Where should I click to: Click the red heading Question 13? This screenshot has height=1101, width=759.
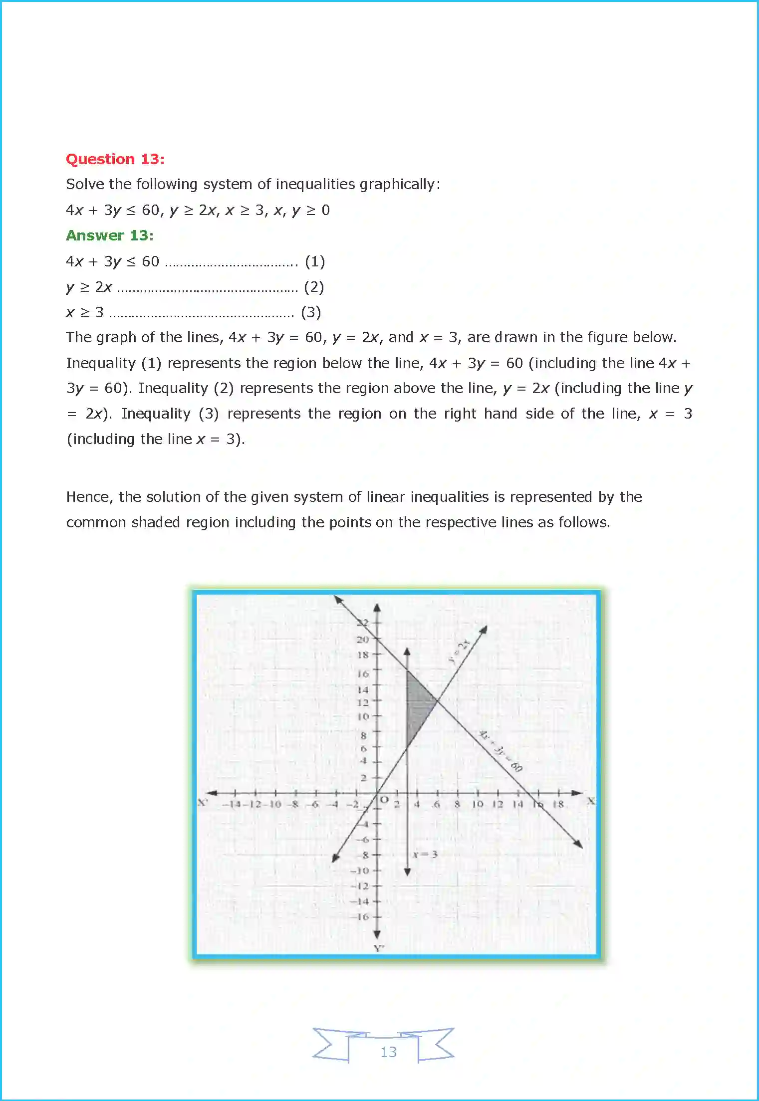click(x=115, y=159)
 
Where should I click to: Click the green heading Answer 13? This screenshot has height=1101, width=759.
click(x=110, y=235)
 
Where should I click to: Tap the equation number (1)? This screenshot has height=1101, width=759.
click(x=315, y=261)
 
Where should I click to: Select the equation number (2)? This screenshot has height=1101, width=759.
click(x=314, y=287)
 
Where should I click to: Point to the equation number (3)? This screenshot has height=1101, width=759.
click(x=311, y=312)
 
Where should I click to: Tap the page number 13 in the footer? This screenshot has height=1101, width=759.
click(x=388, y=1052)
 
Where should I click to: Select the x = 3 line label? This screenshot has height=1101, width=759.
click(x=425, y=854)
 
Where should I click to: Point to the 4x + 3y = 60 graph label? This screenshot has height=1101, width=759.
click(x=501, y=751)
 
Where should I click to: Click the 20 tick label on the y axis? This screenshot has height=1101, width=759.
click(x=363, y=640)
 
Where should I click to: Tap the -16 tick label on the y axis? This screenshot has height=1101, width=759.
click(x=363, y=917)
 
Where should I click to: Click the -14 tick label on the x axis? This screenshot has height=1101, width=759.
click(x=233, y=804)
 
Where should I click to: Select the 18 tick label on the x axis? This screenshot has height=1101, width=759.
click(x=558, y=804)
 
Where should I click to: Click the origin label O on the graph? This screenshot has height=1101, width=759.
click(x=384, y=800)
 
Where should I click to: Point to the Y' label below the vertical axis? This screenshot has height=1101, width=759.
click(x=379, y=948)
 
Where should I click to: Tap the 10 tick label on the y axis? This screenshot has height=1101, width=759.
click(x=363, y=716)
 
